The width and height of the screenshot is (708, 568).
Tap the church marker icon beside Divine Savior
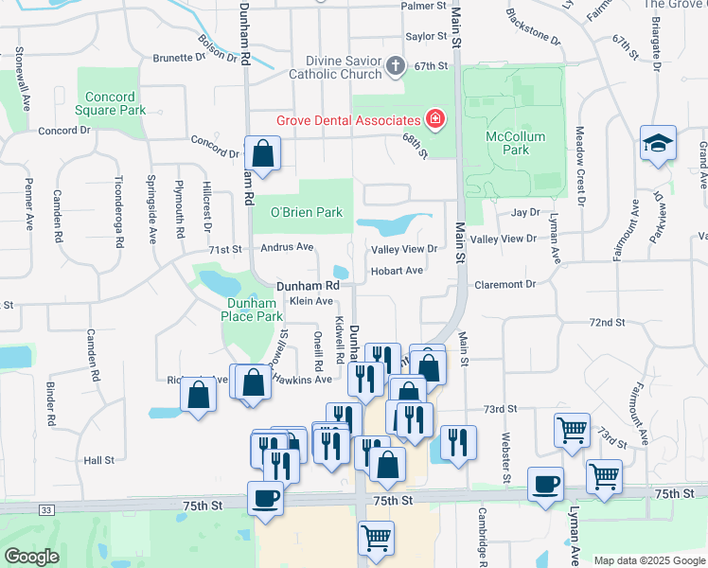point(396,65)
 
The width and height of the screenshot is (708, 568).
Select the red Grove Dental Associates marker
point(434,119)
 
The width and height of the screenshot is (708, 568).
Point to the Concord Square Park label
point(115,103)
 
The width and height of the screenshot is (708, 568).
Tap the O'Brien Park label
point(307,213)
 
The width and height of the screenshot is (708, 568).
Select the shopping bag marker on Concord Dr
point(263,154)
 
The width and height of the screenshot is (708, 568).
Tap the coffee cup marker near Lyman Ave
point(545,485)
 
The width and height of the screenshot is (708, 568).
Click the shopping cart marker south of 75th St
point(377,539)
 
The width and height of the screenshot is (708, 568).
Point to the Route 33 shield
point(45,510)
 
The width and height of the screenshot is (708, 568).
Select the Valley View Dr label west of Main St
point(403,250)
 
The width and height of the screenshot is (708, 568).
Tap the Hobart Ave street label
point(397,271)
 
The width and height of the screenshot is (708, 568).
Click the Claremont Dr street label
point(504,284)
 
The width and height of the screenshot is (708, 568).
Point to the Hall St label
point(98,460)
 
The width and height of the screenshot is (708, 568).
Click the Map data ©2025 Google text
point(648,560)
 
